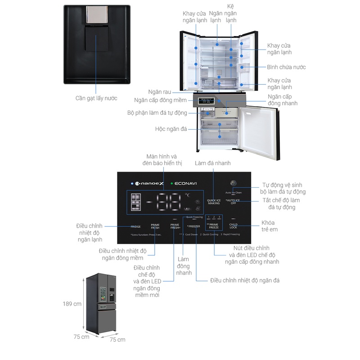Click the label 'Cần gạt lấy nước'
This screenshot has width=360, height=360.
pos(97,98)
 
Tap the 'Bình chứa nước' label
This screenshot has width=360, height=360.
pos(286,67)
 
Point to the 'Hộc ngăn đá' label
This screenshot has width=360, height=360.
pos(171,129)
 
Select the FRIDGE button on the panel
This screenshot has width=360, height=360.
pos(136,226)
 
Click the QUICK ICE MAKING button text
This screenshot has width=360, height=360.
pos(213,202)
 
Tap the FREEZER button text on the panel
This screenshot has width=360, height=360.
pos(194,226)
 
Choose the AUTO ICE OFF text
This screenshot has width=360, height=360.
pos(233,201)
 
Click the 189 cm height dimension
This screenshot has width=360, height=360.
pos(72,304)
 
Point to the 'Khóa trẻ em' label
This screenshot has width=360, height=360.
pos(268,226)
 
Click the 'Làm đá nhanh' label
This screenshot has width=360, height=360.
pos(212,163)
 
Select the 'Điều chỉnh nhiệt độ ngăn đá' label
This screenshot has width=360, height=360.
pos(245,280)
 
